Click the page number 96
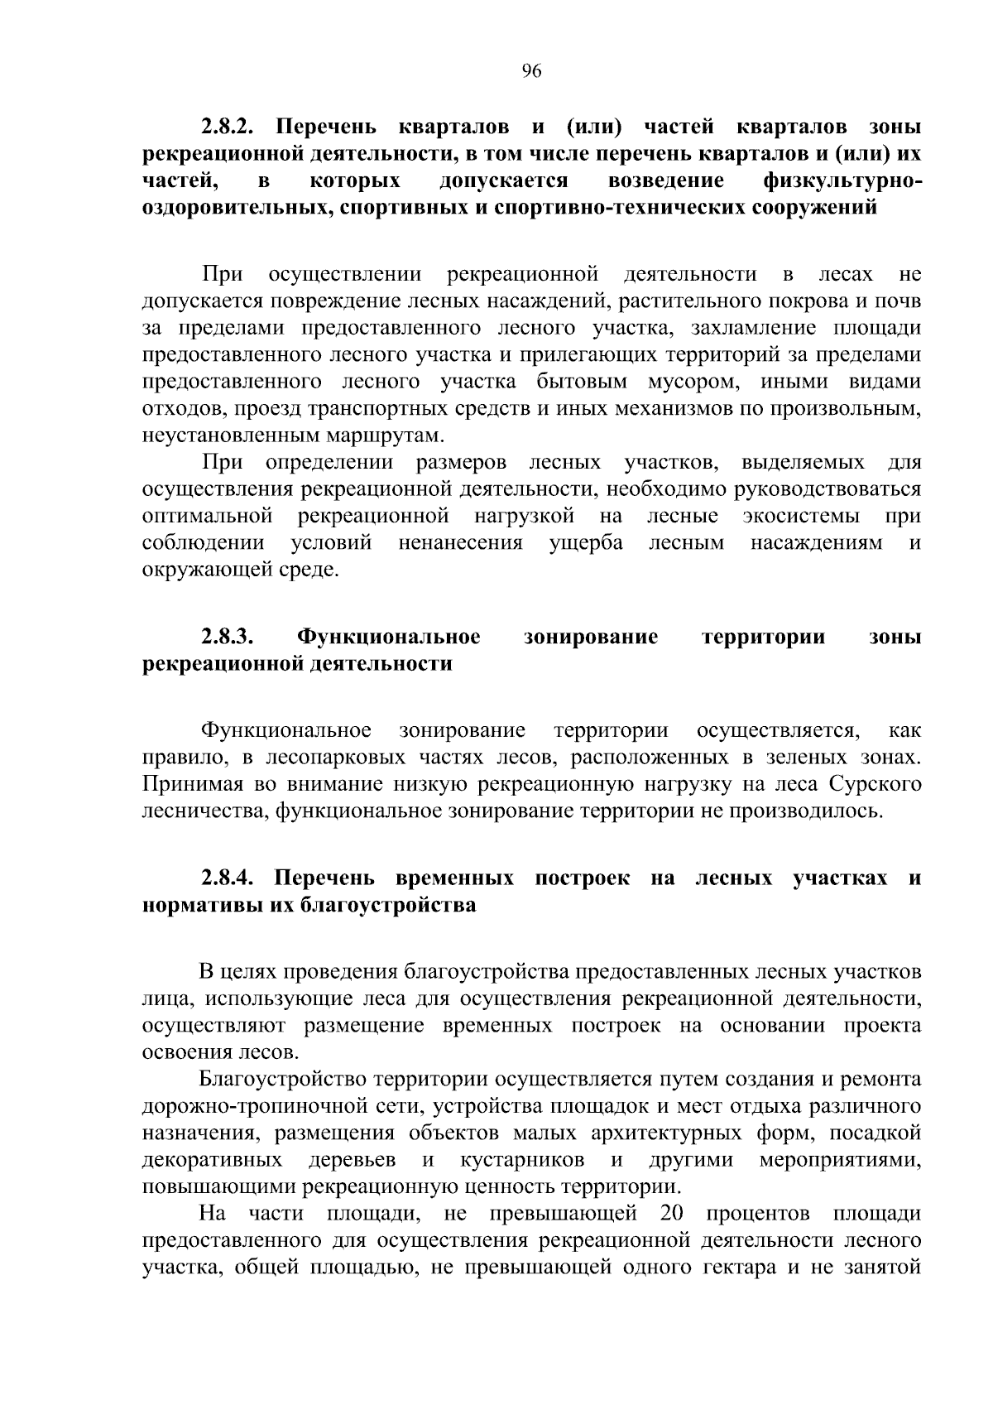pyautogui.click(x=531, y=71)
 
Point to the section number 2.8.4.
pyautogui.click(x=229, y=878)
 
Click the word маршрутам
pyautogui.click(x=389, y=435)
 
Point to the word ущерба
pyautogui.click(x=587, y=543)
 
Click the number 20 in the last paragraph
pyautogui.click(x=671, y=1214)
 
